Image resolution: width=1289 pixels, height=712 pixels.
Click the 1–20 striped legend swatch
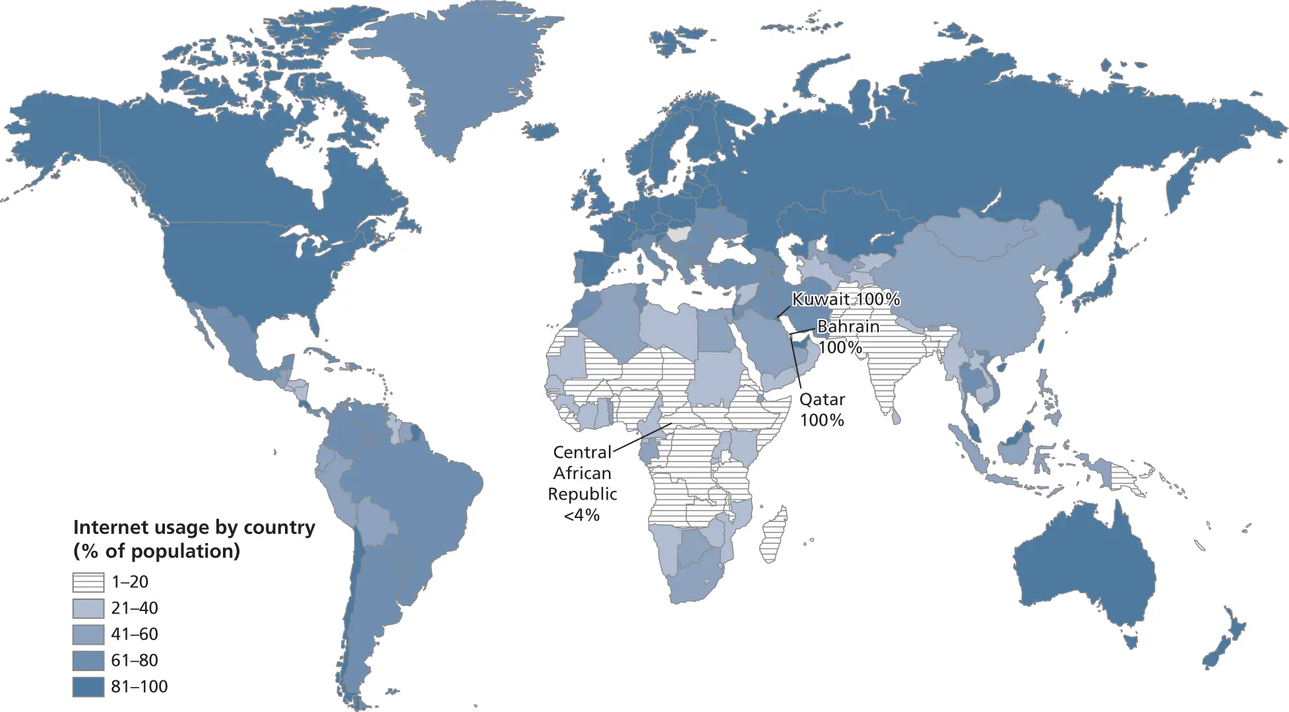coord(88,582)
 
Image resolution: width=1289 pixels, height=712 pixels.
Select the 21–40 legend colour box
coord(88,608)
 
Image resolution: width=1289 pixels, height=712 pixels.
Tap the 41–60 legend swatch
coord(88,634)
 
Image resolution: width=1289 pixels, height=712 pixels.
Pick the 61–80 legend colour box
coord(88,661)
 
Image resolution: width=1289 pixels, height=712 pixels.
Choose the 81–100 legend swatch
coord(88,687)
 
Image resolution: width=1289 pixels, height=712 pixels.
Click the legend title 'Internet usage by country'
coord(194,527)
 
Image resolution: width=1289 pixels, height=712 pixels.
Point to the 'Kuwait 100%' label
coord(846,300)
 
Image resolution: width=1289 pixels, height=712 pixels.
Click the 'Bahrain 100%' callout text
coord(847,337)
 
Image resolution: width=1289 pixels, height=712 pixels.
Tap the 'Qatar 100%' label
coord(822,410)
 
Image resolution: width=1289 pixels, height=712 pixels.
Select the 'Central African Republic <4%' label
coord(582,483)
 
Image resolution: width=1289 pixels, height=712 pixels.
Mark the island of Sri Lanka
coord(895,416)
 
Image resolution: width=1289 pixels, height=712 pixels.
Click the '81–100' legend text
coord(139,687)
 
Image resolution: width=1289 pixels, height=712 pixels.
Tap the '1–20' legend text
coord(130,582)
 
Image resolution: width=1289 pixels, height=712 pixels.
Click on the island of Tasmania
coord(1131,640)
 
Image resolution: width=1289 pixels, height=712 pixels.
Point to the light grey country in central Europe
coord(677,234)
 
